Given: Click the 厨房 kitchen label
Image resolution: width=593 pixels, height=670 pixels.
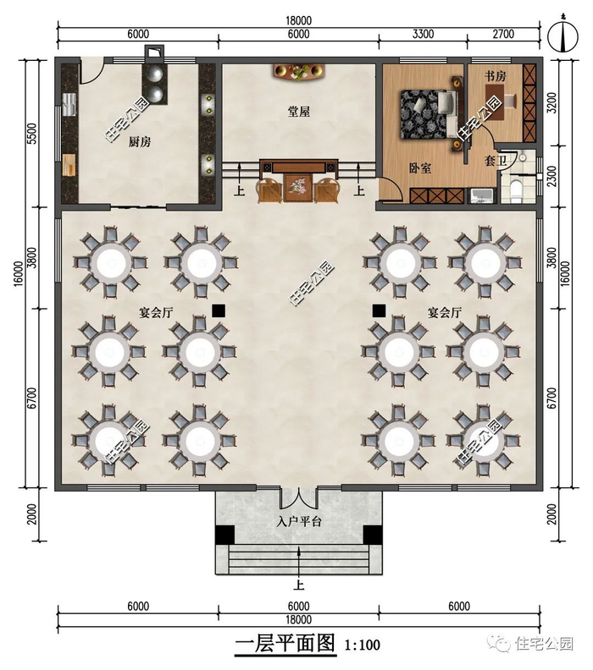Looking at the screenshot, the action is (x=140, y=141).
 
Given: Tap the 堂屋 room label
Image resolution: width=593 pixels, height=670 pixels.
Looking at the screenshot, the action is (x=298, y=112).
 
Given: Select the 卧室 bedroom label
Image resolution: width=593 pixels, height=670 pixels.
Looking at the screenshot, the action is (x=419, y=168).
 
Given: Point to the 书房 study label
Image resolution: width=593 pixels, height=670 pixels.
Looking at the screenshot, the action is (x=495, y=76).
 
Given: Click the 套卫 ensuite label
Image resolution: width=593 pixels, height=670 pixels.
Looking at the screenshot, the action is (x=496, y=161).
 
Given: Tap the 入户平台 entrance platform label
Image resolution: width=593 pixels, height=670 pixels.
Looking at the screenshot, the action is (x=299, y=521).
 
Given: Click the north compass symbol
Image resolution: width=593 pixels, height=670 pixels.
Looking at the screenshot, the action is (x=563, y=35).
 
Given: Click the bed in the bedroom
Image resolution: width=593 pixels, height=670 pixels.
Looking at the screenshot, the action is (x=428, y=113).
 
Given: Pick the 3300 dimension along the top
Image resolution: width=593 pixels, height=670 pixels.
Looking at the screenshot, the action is (x=423, y=34).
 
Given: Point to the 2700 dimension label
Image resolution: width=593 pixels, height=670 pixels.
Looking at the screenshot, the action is (x=502, y=34).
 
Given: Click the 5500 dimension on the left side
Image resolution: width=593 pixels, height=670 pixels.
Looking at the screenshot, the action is (x=32, y=134).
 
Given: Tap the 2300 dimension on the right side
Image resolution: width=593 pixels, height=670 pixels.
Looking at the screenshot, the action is (x=552, y=176).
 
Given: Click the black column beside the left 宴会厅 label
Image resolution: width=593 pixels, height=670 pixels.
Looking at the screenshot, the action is (x=219, y=310).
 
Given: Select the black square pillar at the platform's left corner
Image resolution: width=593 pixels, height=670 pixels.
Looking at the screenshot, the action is (x=224, y=535).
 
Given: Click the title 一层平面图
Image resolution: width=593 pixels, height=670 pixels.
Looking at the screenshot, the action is (x=285, y=643).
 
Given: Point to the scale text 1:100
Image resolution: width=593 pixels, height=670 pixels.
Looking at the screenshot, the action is (x=363, y=645).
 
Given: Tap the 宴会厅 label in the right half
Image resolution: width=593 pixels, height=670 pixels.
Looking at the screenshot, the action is (x=445, y=312).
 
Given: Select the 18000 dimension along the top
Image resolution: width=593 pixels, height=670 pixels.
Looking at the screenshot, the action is (x=298, y=20).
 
